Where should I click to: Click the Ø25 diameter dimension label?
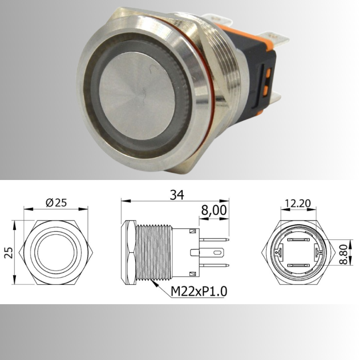point(56,202)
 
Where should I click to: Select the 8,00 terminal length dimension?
point(213,210)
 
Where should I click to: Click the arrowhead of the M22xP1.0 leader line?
point(154,282)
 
